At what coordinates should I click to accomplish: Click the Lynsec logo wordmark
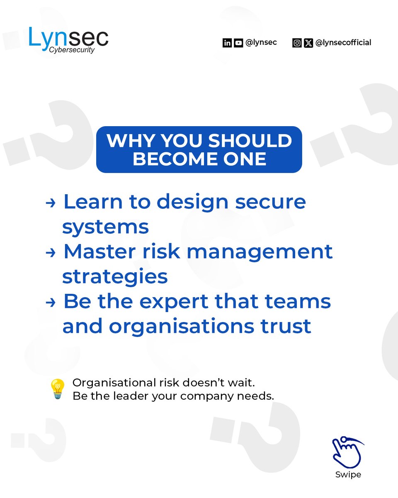coord(68,37)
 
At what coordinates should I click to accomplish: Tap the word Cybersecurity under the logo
coord(72,50)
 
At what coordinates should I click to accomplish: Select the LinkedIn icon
coord(227,43)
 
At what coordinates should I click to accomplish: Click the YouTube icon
coord(238,43)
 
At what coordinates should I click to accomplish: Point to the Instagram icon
coord(297,43)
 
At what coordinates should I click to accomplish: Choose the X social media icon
coord(308,43)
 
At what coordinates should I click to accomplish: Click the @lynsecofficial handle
coord(343,42)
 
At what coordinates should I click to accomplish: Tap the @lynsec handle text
coord(261,42)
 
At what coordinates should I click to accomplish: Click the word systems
coord(105,227)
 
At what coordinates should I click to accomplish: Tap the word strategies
coord(115,276)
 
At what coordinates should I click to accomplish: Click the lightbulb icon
coord(57,389)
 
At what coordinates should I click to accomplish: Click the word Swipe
coord(348,475)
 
